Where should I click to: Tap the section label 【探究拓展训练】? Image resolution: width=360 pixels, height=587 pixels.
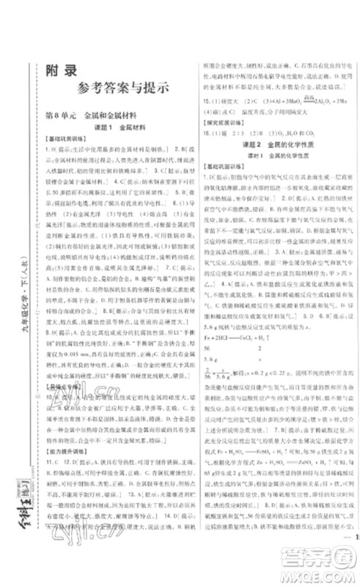point(224,131)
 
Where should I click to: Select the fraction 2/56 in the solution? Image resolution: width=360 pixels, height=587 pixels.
point(207,389)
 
